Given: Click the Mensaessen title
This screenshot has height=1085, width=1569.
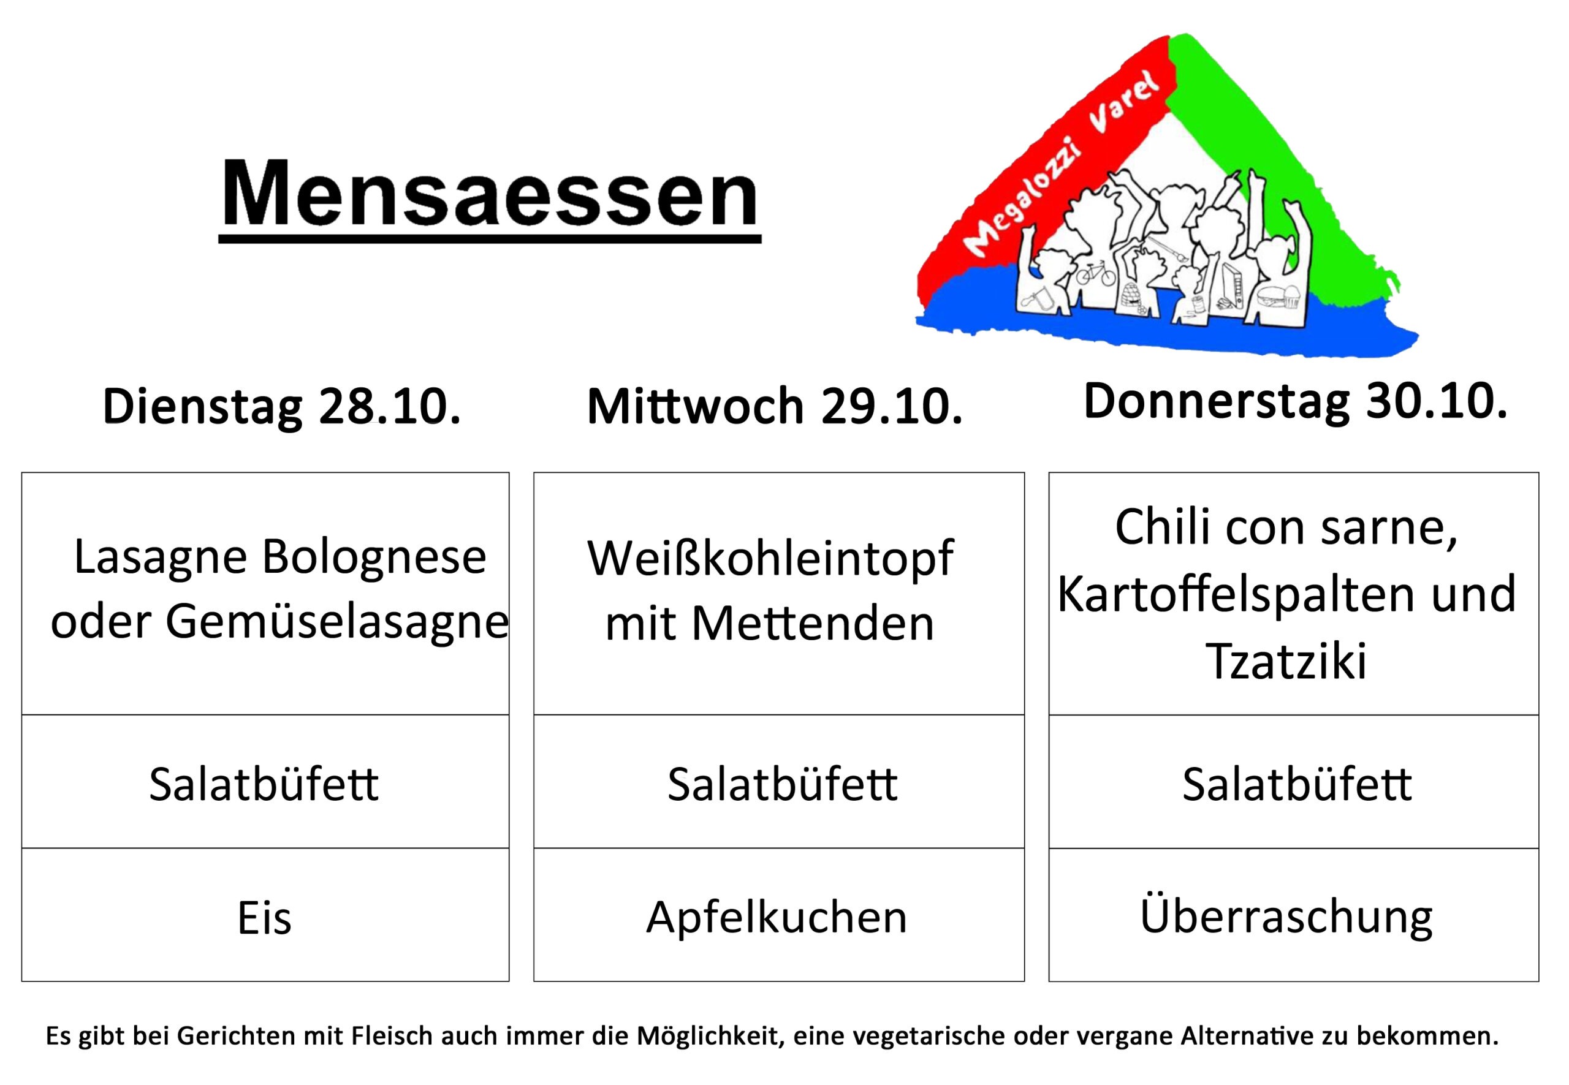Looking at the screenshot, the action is point(490,193).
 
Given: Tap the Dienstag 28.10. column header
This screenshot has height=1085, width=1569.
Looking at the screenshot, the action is point(281,407).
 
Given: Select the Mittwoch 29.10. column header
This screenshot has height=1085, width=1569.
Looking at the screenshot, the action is point(775,407).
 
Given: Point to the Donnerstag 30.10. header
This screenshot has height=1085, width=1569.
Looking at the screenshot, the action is point(1295,402).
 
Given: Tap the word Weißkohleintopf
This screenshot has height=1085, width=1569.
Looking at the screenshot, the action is point(770,559).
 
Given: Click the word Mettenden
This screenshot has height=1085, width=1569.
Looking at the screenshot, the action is point(813,622).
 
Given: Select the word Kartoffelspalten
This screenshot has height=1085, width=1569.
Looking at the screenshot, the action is point(1236,594).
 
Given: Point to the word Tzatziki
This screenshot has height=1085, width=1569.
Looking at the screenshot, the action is point(1285,659).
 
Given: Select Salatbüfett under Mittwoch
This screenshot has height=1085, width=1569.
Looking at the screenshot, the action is point(782,784).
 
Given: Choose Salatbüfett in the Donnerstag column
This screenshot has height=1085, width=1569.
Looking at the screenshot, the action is point(1297,784).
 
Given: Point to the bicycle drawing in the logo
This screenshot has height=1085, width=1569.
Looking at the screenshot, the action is point(1096,273).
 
